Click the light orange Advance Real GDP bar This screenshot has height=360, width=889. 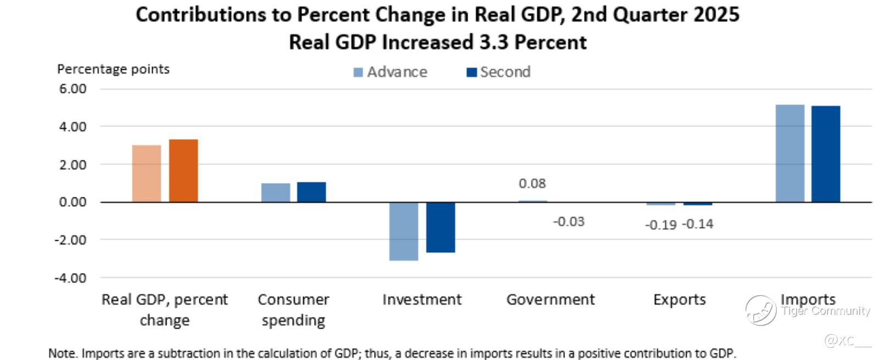[x=147, y=173]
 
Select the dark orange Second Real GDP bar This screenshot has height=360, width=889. [x=183, y=170]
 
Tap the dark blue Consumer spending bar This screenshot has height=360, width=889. [x=312, y=192]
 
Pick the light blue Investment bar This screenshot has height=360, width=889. [x=403, y=231]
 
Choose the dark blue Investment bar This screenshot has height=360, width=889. [x=441, y=227]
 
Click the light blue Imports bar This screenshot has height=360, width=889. [x=790, y=153]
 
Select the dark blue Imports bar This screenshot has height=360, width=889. [x=826, y=154]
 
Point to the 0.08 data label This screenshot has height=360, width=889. [x=532, y=184]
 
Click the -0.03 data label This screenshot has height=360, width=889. [x=569, y=221]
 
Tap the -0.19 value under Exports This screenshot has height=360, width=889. [x=660, y=225]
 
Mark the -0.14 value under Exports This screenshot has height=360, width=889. [x=698, y=224]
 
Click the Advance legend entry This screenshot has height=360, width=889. [x=391, y=72]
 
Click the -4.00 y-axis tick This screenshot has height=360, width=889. [x=70, y=278]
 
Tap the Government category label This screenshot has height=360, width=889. [x=551, y=300]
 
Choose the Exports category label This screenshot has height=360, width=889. [x=680, y=300]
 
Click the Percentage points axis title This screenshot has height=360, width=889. [x=113, y=69]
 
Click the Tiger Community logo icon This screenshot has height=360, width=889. [x=761, y=310]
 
